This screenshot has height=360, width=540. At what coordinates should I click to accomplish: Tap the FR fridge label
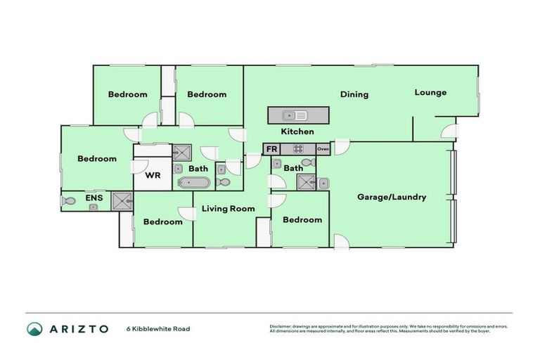pyautogui.click(x=271, y=149)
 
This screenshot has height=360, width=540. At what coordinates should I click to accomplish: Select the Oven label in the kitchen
pyautogui.click(x=323, y=149)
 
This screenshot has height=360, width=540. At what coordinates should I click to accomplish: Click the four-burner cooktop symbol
pyautogui.click(x=297, y=149)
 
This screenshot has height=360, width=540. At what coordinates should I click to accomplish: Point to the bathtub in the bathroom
pyautogui.click(x=193, y=183)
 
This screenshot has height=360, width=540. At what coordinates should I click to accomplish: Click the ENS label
pyautogui.click(x=94, y=198)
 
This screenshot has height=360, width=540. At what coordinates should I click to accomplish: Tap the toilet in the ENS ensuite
pyautogui.click(x=69, y=201)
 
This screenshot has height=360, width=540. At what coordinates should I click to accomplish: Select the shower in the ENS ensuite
pyautogui.click(x=121, y=200)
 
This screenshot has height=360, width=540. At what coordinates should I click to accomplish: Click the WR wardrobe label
pyautogui.click(x=153, y=176)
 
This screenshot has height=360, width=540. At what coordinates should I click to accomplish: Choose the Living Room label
pyautogui.click(x=228, y=208)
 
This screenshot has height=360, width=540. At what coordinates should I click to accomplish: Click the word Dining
pyautogui.click(x=354, y=94)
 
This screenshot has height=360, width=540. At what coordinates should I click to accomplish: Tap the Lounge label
pyautogui.click(x=430, y=92)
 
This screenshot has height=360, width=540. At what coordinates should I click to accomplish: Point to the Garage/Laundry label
pyautogui.click(x=392, y=197)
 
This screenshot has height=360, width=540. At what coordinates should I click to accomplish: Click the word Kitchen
pyautogui.click(x=297, y=131)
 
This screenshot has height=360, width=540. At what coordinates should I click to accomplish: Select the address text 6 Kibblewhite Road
pyautogui.click(x=158, y=328)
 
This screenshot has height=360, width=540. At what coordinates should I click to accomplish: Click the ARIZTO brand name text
pyautogui.click(x=79, y=328)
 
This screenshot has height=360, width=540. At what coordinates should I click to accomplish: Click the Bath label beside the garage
pyautogui.click(x=293, y=168)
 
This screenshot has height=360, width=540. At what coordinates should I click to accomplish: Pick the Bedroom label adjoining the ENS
pyautogui.click(x=96, y=158)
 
